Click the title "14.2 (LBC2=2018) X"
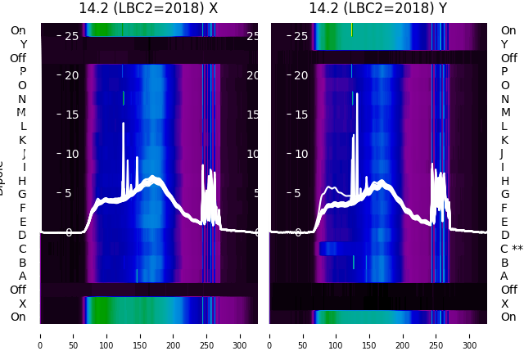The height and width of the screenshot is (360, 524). click(x=148, y=8)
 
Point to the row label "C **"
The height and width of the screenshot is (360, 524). click(x=511, y=249)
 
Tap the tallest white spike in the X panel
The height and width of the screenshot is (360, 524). click(x=123, y=124)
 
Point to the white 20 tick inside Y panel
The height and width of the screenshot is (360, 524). click(x=300, y=75)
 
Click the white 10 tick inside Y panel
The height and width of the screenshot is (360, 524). click(x=300, y=154)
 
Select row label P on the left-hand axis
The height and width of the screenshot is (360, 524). click(x=22, y=71)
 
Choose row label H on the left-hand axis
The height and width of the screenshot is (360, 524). click(x=22, y=181)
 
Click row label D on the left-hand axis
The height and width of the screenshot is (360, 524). click(x=22, y=236)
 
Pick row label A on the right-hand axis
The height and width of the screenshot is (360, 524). click(x=504, y=277)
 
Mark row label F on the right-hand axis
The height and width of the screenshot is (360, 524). click(x=504, y=208)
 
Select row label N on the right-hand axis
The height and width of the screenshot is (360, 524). click(x=504, y=99)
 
